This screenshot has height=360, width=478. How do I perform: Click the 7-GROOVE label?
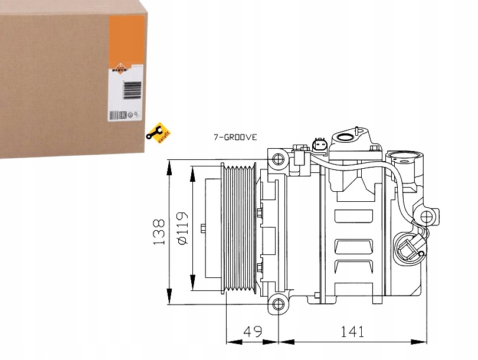click(235, 138)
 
